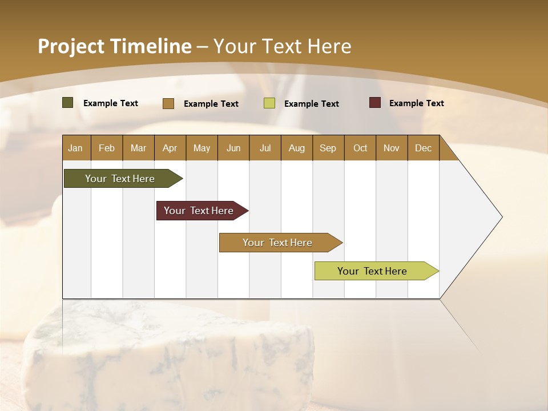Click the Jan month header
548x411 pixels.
click(75, 148)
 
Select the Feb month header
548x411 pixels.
click(107, 148)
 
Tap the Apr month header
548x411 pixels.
click(170, 148)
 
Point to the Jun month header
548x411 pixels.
click(233, 148)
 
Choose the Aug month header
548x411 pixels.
click(296, 148)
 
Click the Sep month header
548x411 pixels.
click(328, 148)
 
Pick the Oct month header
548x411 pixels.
click(360, 148)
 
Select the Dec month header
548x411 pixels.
click(423, 148)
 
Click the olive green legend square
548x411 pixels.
click(68, 103)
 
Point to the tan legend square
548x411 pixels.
click(168, 103)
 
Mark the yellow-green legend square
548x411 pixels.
click(269, 103)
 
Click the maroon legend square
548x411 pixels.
click(375, 103)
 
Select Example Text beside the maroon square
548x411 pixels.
click(416, 103)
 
